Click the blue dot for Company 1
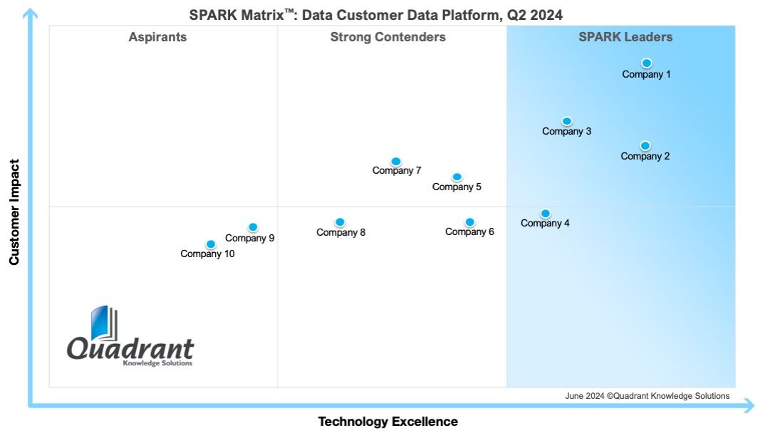tap(646, 63)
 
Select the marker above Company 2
tap(645, 146)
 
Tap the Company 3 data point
tap(567, 121)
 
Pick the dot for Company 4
tap(545, 214)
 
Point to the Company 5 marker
tap(457, 177)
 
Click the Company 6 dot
tap(469, 222)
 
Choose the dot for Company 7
tap(396, 162)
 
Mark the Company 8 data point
tap(340, 222)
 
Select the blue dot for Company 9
tap(253, 227)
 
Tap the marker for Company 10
tap(211, 244)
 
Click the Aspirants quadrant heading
tap(157, 37)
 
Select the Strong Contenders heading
tap(388, 37)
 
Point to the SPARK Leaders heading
tap(625, 37)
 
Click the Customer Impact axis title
tap(14, 212)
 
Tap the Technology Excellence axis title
tap(388, 421)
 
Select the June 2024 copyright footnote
tap(647, 396)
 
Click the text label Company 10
tap(207, 254)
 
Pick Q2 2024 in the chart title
tap(535, 15)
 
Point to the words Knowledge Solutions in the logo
tap(157, 363)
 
